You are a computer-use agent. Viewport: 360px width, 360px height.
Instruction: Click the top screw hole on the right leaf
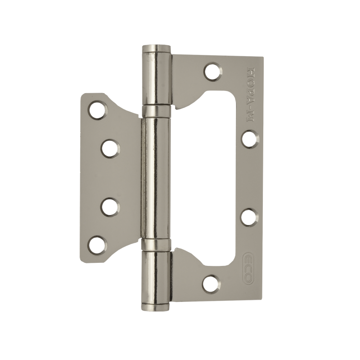click(x=213, y=71)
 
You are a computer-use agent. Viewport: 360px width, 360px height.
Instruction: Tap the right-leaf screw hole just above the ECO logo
click(x=250, y=216)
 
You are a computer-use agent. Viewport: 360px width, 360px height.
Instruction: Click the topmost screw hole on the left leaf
click(x=98, y=109)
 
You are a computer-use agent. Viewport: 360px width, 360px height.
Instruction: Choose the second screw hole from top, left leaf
click(x=110, y=149)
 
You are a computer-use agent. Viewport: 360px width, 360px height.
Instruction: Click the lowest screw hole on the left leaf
click(x=97, y=244)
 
